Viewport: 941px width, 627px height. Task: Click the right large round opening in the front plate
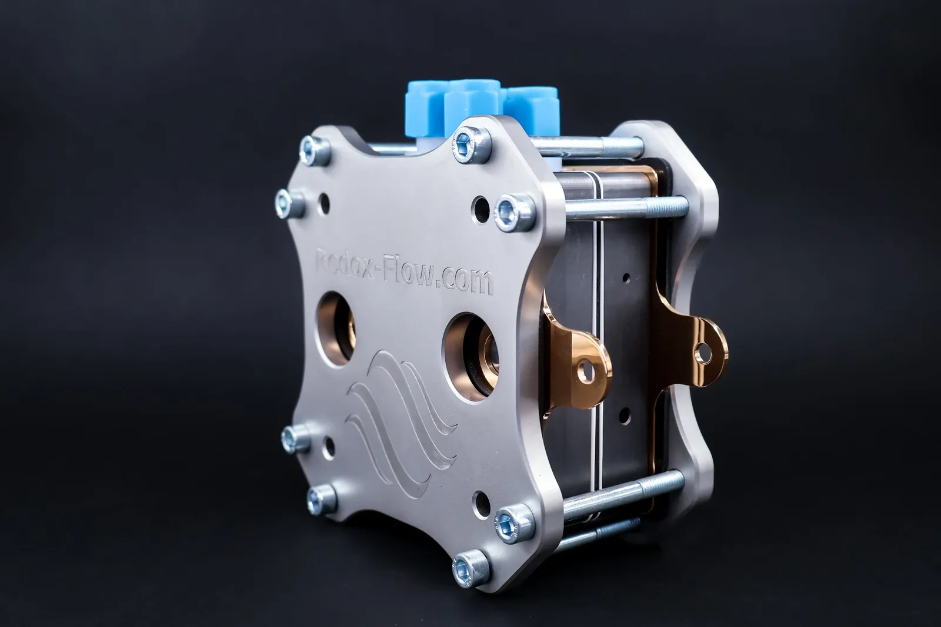pyautogui.click(x=470, y=356)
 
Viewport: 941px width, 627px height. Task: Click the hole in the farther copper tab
pyautogui.click(x=703, y=353)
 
